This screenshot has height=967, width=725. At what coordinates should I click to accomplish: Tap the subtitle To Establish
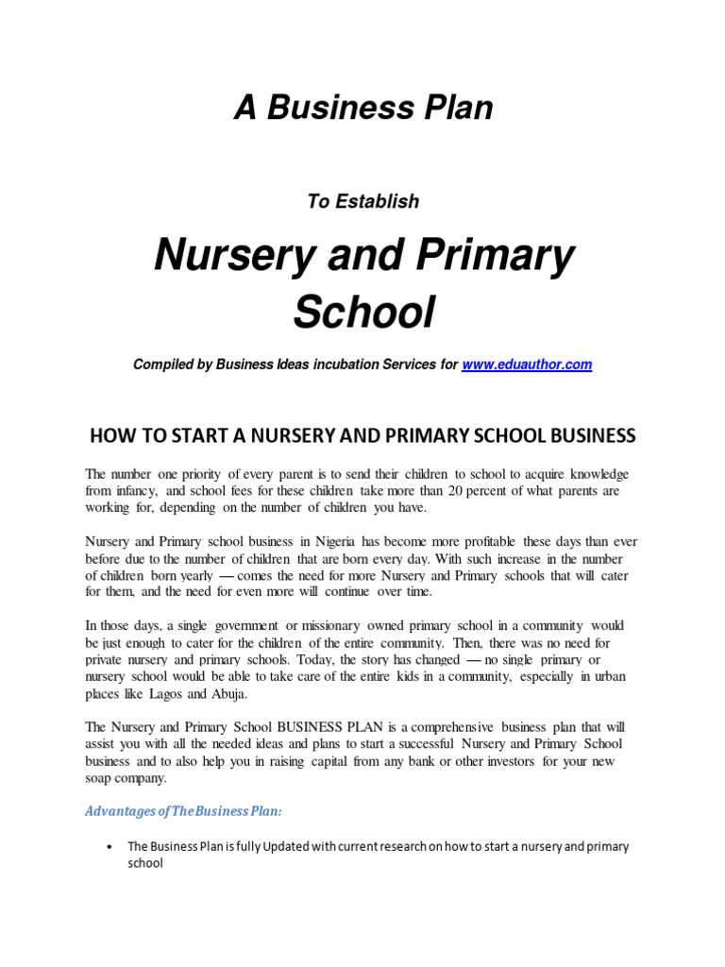point(363,201)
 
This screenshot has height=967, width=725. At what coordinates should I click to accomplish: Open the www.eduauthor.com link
point(527,365)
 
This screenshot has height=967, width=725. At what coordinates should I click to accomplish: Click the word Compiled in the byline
point(166,365)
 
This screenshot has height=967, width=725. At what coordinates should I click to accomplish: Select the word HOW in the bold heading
point(110,435)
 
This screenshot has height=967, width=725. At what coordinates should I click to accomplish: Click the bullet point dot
point(112,847)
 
